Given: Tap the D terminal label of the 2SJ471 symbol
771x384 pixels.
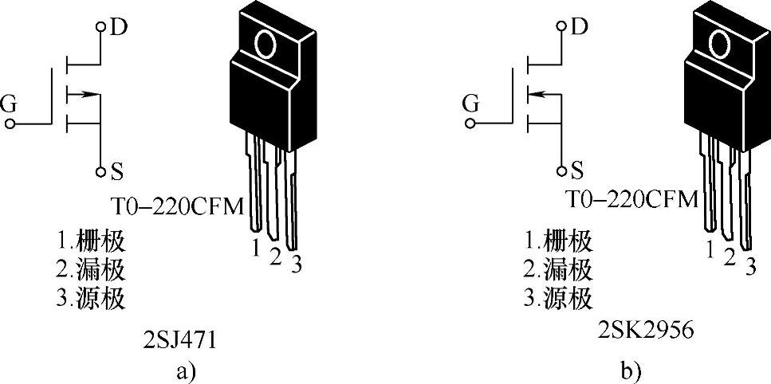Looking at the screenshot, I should tap(119, 28).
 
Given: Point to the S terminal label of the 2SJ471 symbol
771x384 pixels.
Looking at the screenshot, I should tap(116, 170).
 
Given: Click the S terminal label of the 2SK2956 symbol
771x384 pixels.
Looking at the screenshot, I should tap(576, 170).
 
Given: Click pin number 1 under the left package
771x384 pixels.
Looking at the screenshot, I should tap(256, 249).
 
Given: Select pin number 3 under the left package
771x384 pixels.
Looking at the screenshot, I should tap(296, 263).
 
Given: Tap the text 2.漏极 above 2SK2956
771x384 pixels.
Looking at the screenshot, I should tap(557, 270).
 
